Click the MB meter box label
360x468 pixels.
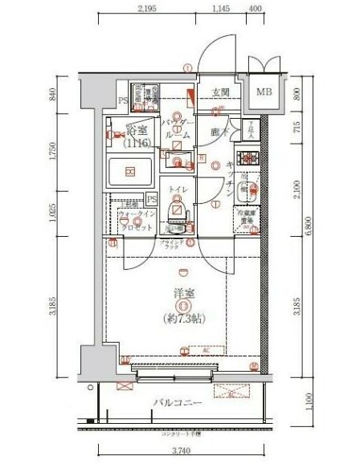click(x=264, y=92)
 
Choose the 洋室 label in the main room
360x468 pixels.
click(x=184, y=295)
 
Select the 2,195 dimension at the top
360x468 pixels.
click(x=145, y=10)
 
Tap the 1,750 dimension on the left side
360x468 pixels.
click(x=53, y=153)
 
